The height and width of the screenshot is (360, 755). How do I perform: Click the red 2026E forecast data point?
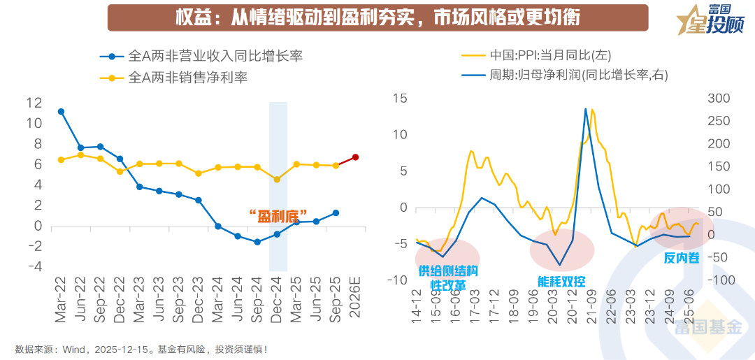[x=356, y=157]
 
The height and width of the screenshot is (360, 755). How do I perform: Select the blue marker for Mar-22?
[x=61, y=112]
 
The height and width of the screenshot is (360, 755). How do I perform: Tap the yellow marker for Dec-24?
[x=277, y=180]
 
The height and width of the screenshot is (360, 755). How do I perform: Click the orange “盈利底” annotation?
[x=279, y=216]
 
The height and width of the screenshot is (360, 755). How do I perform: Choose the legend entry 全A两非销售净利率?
[x=187, y=78]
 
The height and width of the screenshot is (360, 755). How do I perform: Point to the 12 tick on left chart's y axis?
[x=34, y=103]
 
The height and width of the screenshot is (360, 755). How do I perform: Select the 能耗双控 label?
[x=561, y=282]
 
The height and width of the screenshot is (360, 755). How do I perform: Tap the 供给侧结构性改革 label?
[x=447, y=276]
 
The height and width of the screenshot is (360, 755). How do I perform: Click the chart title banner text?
[x=377, y=17]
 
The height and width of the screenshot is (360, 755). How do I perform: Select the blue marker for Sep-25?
[x=336, y=213]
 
